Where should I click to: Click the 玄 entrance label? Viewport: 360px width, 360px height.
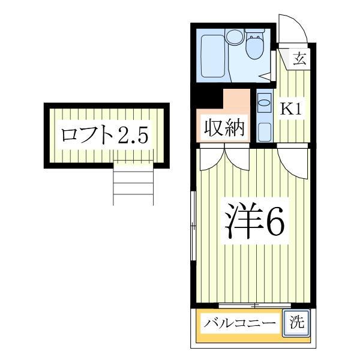(x=300, y=59)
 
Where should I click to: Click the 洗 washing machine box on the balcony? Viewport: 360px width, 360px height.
(x=298, y=322)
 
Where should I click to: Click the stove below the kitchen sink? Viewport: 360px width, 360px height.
(x=263, y=129)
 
